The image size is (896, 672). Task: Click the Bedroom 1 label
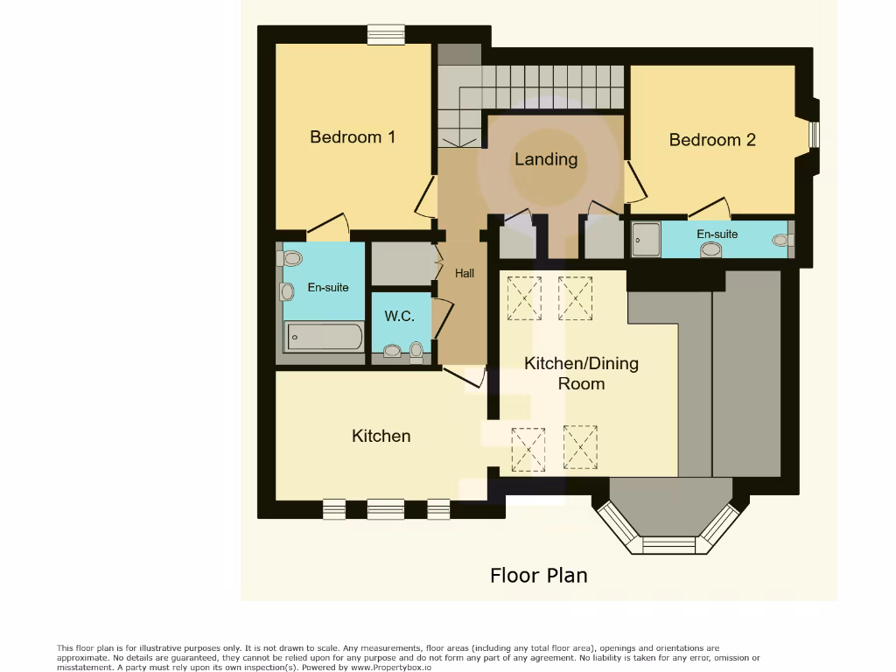coord(353,137)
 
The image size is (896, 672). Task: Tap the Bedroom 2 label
coord(712,140)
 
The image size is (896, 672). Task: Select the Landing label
coord(546,159)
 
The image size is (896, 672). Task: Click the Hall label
coord(465,274)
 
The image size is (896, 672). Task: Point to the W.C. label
coord(400,317)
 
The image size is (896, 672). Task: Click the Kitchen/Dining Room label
coord(581,374)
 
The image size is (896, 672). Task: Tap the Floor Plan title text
coord(538,576)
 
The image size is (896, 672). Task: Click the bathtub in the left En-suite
coord(324,337)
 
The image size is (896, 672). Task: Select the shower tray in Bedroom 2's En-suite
coord(647,238)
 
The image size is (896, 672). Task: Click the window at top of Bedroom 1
coord(386,34)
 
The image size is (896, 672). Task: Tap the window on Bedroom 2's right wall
coord(814,135)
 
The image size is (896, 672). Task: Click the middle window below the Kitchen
coord(385,508)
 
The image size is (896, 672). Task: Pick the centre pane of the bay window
coord(668,545)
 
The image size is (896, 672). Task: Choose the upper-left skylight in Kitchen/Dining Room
coord(524,297)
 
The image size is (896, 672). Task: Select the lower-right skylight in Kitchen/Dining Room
coord(580,447)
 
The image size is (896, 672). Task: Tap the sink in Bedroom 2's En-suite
coord(711,249)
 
